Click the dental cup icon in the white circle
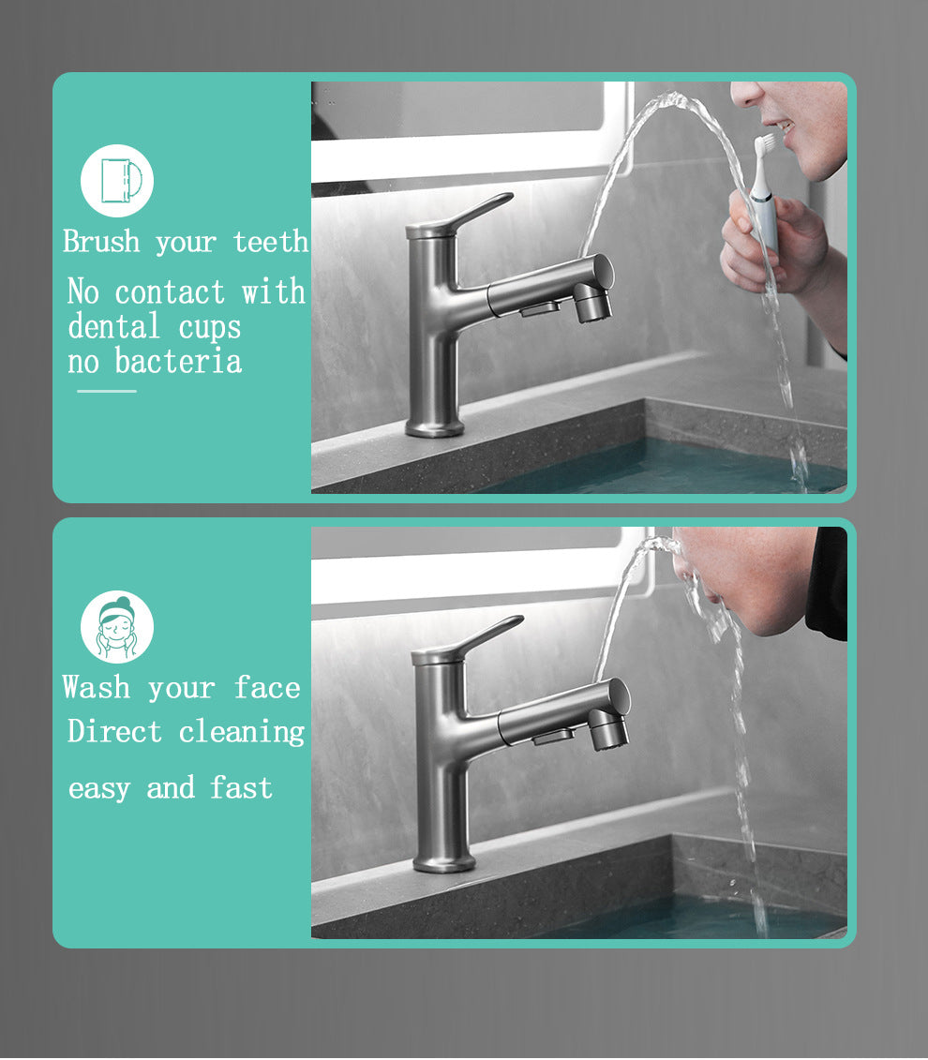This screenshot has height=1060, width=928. point(117,181)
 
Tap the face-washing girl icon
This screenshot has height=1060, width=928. point(117,627)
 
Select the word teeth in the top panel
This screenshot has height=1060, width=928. point(270,242)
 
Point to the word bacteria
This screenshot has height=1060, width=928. point(178,361)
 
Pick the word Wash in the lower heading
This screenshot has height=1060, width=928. point(97,687)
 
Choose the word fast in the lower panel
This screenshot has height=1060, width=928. point(241,787)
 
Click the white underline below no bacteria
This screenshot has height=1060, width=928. point(107,391)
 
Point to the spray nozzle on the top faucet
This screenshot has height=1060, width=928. point(593,303)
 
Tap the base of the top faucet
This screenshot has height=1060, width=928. point(434,427)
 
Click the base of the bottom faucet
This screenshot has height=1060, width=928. point(443,862)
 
